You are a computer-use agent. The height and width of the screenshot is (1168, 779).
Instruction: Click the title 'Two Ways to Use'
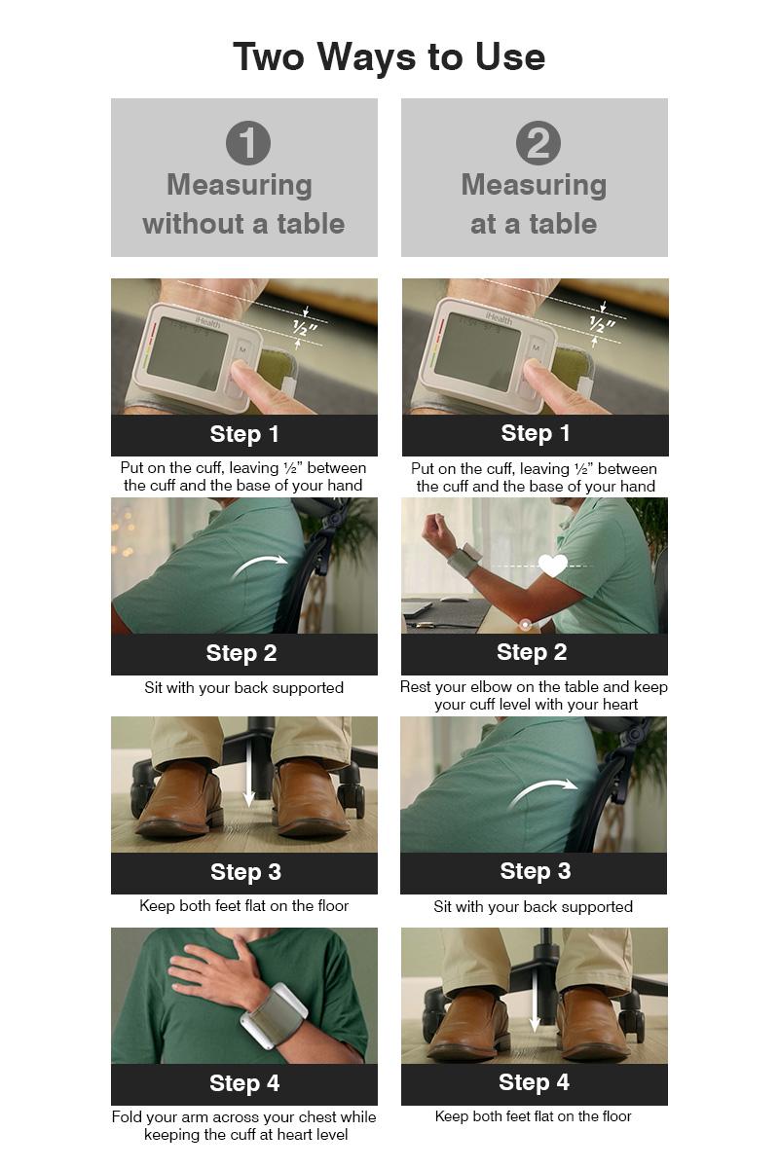(x=389, y=56)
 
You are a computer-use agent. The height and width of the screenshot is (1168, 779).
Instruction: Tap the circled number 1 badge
(x=248, y=143)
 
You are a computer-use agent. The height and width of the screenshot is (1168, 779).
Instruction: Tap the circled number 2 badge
(x=538, y=143)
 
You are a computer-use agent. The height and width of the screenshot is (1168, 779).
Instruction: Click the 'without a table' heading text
(x=243, y=224)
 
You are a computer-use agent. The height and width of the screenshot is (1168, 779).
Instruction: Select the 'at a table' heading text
(x=534, y=224)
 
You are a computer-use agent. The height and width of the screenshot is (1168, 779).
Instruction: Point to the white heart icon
(x=552, y=566)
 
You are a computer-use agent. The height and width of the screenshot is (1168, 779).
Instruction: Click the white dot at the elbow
(x=526, y=624)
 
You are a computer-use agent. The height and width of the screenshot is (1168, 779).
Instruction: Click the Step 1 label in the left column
(x=244, y=434)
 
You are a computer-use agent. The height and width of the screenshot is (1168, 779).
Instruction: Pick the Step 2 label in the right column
(x=532, y=652)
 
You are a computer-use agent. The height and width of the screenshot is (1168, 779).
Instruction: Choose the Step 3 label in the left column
(x=245, y=872)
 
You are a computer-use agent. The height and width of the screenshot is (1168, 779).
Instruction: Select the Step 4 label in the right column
(x=534, y=1082)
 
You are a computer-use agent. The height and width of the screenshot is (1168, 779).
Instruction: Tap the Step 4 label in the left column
(x=244, y=1083)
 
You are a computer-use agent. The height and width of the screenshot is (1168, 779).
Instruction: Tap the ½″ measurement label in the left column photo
(x=305, y=329)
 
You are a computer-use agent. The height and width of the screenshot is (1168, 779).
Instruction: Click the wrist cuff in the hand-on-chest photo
(x=275, y=1016)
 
